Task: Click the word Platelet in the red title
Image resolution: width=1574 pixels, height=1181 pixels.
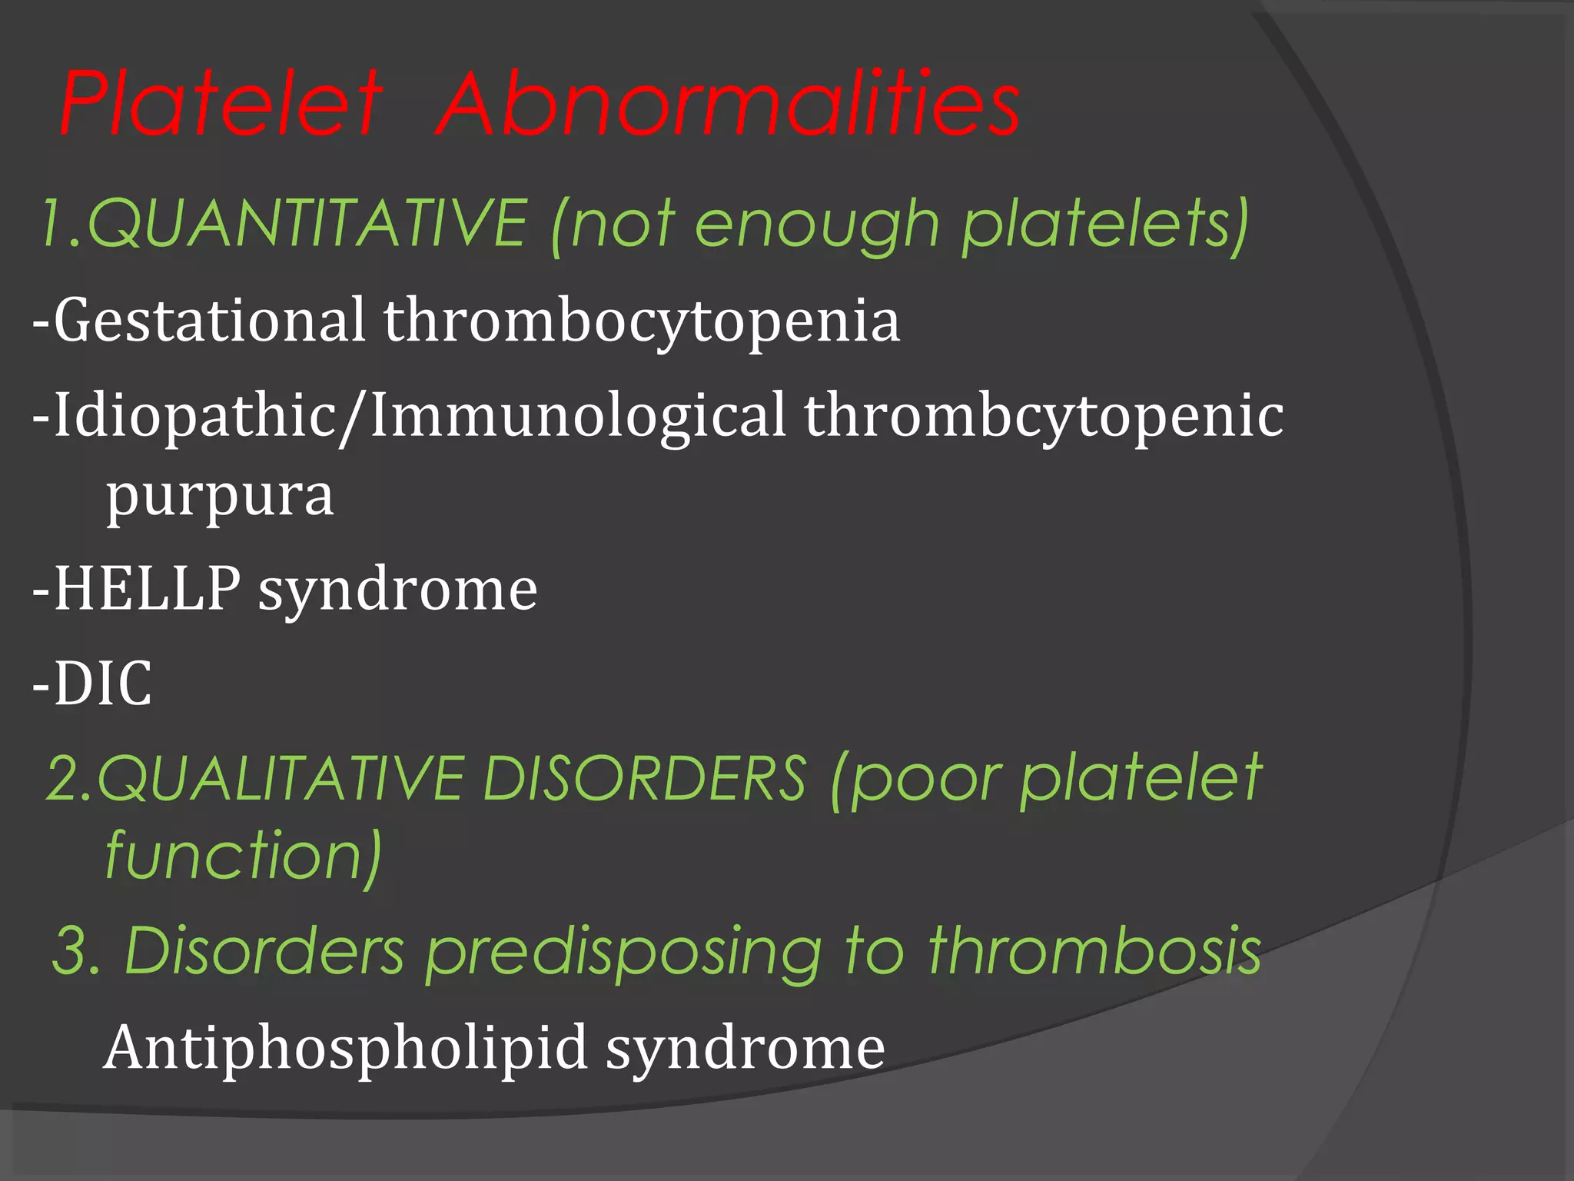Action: pyautogui.click(x=221, y=104)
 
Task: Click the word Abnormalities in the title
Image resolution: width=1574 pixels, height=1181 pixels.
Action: pyautogui.click(x=728, y=104)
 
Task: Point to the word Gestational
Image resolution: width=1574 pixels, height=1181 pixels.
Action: pyautogui.click(x=209, y=320)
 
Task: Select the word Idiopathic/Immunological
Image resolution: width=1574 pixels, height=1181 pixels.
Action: pyautogui.click(x=420, y=416)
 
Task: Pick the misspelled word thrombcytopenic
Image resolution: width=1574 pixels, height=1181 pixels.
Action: pyautogui.click(x=1044, y=416)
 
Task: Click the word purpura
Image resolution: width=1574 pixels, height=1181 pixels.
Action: pyautogui.click(x=220, y=497)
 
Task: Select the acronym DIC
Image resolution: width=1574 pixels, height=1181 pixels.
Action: pyautogui.click(x=102, y=683)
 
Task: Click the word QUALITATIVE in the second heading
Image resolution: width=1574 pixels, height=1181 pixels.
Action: pyautogui.click(x=280, y=778)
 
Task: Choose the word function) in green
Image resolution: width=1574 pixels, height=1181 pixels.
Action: pyautogui.click(x=243, y=856)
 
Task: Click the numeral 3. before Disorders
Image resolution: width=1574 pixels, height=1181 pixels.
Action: pyautogui.click(x=77, y=951)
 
